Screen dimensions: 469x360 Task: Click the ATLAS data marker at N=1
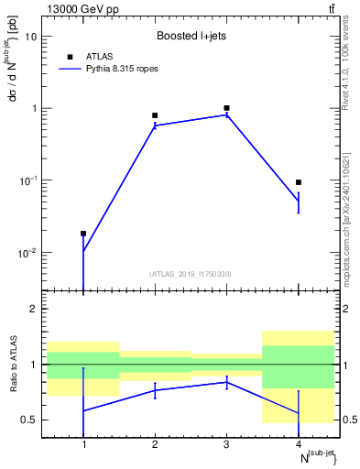point(83,234)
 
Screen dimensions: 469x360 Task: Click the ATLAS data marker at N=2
point(155,115)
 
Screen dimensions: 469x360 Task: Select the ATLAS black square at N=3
point(226,108)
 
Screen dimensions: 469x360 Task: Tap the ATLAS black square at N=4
point(299,182)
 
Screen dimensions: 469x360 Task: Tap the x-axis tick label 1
point(83,444)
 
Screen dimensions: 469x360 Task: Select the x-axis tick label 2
point(155,444)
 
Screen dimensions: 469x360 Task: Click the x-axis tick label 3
point(226,444)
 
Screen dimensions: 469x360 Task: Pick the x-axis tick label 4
point(299,444)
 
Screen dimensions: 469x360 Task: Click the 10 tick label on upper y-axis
point(31,37)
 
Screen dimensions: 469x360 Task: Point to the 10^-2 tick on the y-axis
point(27,252)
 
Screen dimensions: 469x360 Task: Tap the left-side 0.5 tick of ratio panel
point(29,420)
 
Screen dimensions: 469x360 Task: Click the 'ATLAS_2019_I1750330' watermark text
point(191,274)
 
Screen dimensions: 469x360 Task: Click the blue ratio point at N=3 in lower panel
point(226,382)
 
